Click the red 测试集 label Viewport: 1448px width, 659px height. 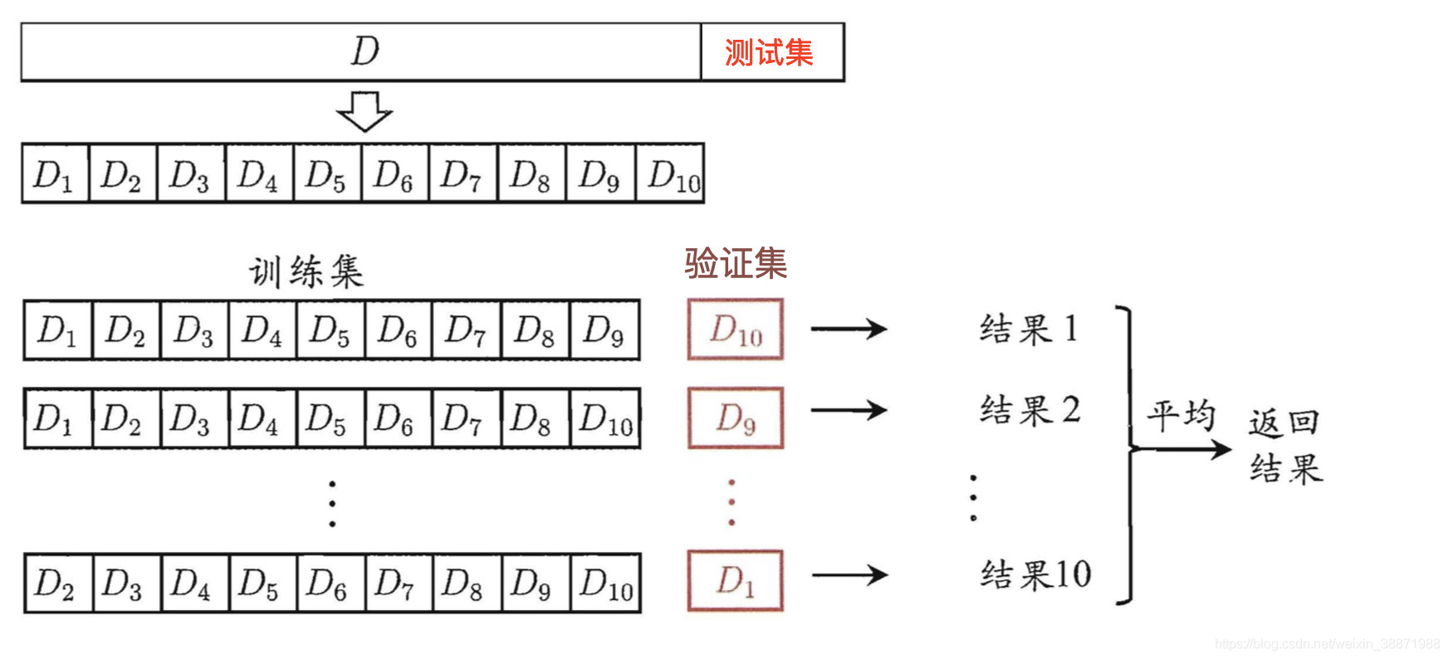[x=769, y=52]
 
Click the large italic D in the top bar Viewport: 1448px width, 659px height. [x=364, y=51]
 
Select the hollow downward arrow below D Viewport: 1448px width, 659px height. [x=364, y=111]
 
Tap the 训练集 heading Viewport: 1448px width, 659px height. [x=306, y=272]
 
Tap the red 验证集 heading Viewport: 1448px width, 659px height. [x=736, y=264]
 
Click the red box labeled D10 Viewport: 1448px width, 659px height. [x=736, y=329]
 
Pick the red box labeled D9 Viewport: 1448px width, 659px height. [x=736, y=418]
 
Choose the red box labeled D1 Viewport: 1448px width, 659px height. [x=736, y=581]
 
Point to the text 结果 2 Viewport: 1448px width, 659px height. [x=1030, y=410]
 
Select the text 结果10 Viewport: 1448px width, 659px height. [x=1035, y=574]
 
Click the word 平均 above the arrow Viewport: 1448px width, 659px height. [x=1181, y=415]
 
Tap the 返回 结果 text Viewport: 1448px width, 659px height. [x=1285, y=447]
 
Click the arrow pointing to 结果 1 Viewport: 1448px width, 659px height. [x=849, y=329]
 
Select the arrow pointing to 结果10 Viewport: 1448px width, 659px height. [x=849, y=574]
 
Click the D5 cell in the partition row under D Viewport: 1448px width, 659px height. [x=327, y=174]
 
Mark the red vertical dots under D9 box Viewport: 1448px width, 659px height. [x=731, y=502]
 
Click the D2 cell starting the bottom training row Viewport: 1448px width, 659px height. [x=57, y=583]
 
